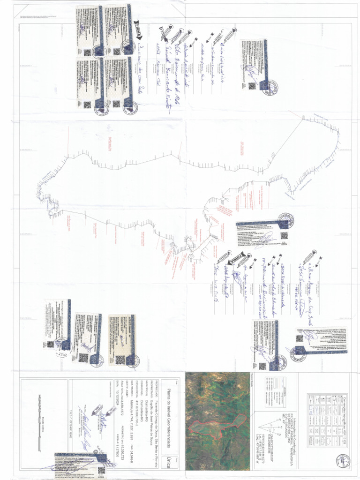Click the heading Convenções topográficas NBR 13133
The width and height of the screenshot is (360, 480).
pyautogui.click(x=349, y=422)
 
